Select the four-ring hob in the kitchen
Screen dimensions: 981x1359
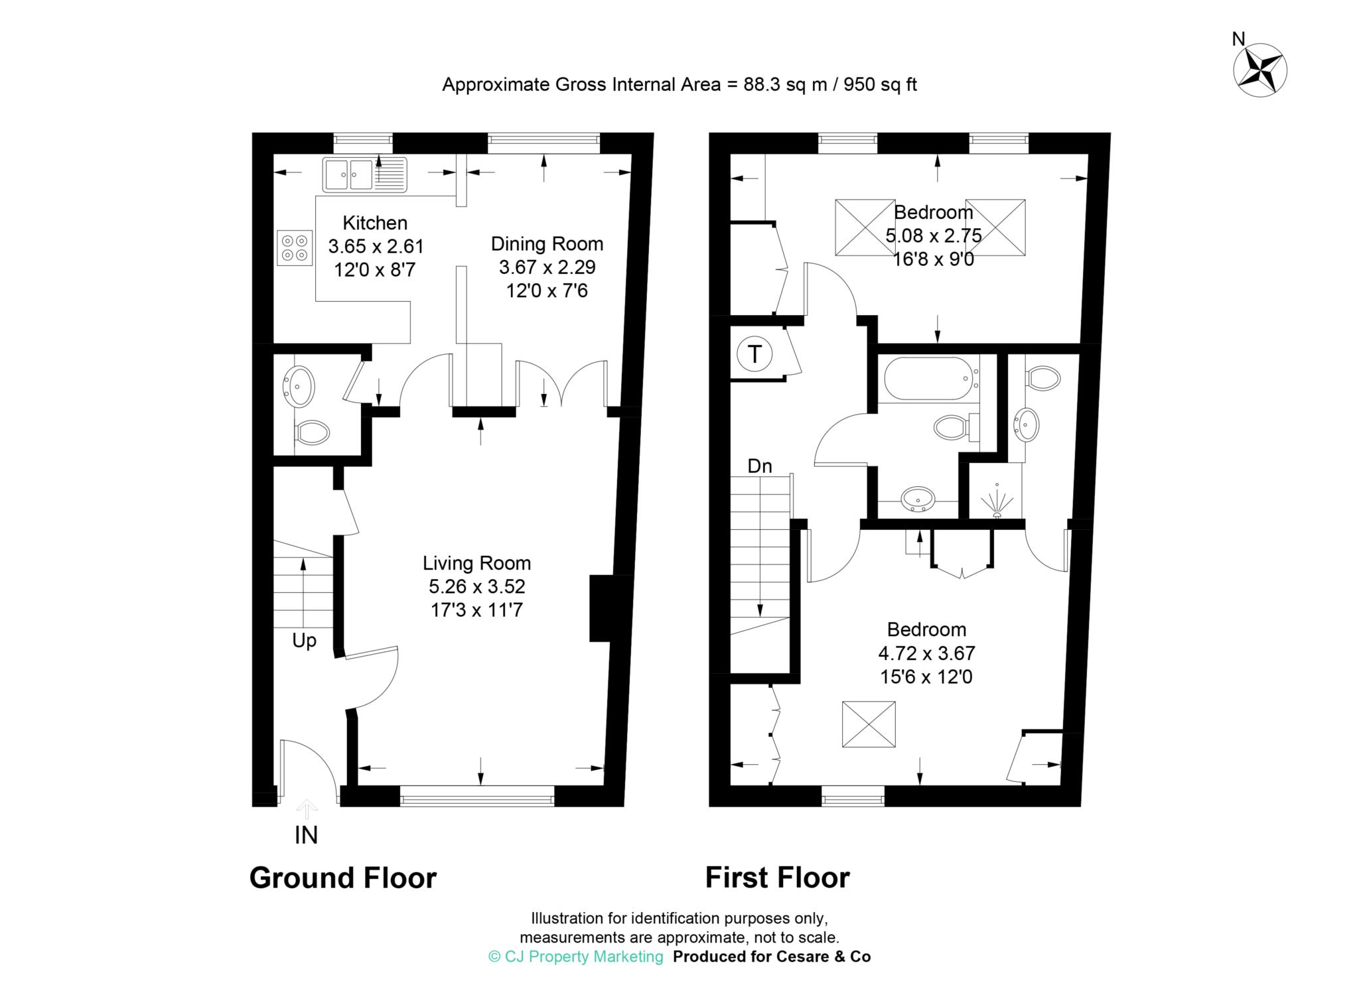pos(295,247)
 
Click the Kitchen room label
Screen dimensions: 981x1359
pos(375,223)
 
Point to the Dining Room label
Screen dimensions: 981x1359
pos(547,244)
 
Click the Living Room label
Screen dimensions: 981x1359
pos(476,564)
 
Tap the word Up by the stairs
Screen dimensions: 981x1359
pos(304,641)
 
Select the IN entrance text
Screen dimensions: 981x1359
pos(306,835)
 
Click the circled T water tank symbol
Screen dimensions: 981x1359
pos(754,354)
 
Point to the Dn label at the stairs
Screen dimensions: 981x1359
pos(760,466)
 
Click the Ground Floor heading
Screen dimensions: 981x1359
pos(343,878)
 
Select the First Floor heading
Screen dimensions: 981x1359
pos(777,878)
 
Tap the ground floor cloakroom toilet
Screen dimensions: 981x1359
pos(312,433)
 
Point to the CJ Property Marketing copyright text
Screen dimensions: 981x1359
pos(575,956)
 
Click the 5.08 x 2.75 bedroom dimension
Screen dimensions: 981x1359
pos(933,235)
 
